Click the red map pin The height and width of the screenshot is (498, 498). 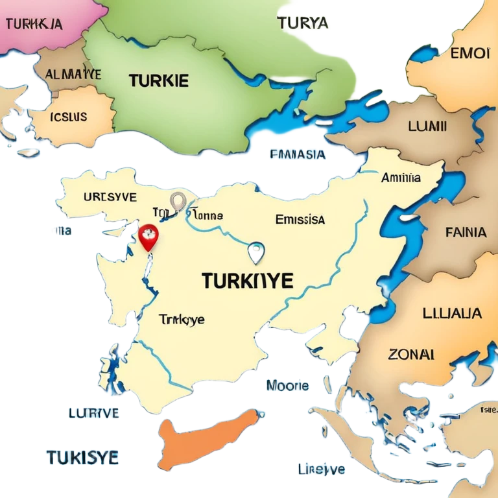[x=148, y=238]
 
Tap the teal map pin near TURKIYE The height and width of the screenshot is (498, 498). [x=256, y=251]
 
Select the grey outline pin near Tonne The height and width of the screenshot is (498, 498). [x=178, y=202]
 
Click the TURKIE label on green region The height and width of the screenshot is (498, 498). [x=159, y=81]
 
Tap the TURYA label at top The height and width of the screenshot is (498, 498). [x=303, y=23]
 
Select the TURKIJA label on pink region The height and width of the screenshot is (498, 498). [x=34, y=24]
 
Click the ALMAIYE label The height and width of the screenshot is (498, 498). [x=73, y=75]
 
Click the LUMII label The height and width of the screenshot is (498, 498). [x=427, y=126]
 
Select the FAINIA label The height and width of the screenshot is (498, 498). [x=466, y=231]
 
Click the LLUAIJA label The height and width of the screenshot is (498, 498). [x=452, y=313]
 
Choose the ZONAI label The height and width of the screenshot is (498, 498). [x=411, y=354]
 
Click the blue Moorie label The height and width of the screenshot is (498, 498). [x=287, y=386]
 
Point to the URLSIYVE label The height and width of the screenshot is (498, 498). [x=110, y=196]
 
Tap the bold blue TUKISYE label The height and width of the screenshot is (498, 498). [x=82, y=457]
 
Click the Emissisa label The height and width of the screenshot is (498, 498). [x=300, y=219]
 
